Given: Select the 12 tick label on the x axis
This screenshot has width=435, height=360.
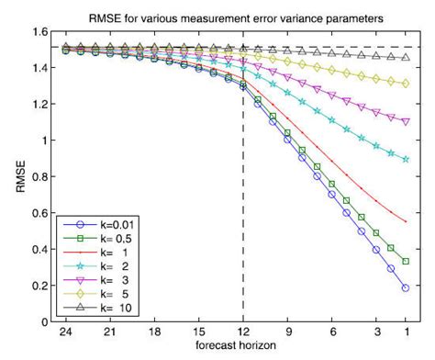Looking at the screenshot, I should click(x=242, y=333).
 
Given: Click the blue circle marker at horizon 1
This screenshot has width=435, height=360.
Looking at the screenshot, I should click(x=405, y=288).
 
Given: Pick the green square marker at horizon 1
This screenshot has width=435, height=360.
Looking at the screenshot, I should click(x=405, y=262).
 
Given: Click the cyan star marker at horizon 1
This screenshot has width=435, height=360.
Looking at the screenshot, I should click(x=405, y=160).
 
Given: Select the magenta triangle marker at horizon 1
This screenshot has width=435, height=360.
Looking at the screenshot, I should click(x=405, y=121).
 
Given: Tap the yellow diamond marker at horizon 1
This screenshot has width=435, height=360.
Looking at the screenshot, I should click(x=405, y=84).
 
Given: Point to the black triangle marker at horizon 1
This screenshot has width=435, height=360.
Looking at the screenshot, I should click(x=405, y=57).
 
